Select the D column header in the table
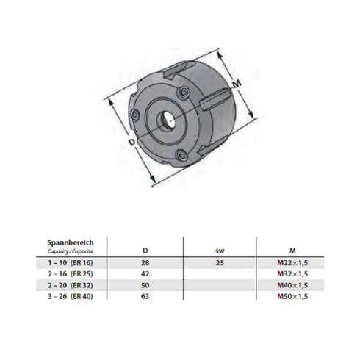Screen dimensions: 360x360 click(145, 251)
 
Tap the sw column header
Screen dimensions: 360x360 click(220, 251)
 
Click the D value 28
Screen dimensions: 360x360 click(145, 262)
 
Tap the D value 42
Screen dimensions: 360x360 click(145, 273)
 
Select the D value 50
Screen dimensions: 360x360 click(145, 284)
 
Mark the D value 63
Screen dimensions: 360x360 click(145, 295)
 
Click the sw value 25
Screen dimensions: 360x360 click(220, 262)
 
